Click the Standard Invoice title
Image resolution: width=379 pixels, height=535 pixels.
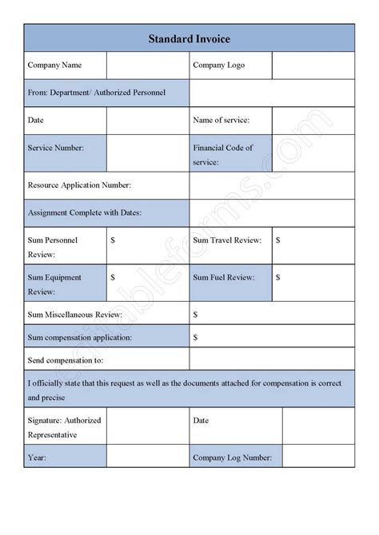tap(189, 38)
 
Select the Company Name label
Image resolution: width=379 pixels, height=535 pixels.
tap(54, 65)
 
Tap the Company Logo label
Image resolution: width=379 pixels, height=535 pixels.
tap(217, 65)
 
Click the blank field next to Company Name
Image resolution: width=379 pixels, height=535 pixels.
tap(148, 65)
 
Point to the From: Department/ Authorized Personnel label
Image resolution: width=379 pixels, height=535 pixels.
tap(97, 93)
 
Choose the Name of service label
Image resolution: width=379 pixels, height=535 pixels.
tap(221, 120)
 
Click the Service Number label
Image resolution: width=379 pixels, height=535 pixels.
tap(55, 148)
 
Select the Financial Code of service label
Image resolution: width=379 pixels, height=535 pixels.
tap(223, 154)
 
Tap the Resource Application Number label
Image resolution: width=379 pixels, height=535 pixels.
tap(79, 184)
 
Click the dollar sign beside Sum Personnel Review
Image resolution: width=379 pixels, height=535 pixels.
tap(113, 240)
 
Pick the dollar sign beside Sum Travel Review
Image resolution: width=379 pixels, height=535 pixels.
tap(278, 240)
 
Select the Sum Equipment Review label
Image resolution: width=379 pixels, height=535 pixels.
tap(54, 284)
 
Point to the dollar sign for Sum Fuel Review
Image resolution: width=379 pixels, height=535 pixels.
tap(278, 277)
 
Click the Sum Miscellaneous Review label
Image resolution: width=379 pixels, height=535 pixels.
tap(84, 315)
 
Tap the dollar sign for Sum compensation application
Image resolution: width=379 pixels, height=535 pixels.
tap(195, 337)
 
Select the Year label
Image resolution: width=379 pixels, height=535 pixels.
tap(37, 458)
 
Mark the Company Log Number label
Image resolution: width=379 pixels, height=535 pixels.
tap(232, 458)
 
